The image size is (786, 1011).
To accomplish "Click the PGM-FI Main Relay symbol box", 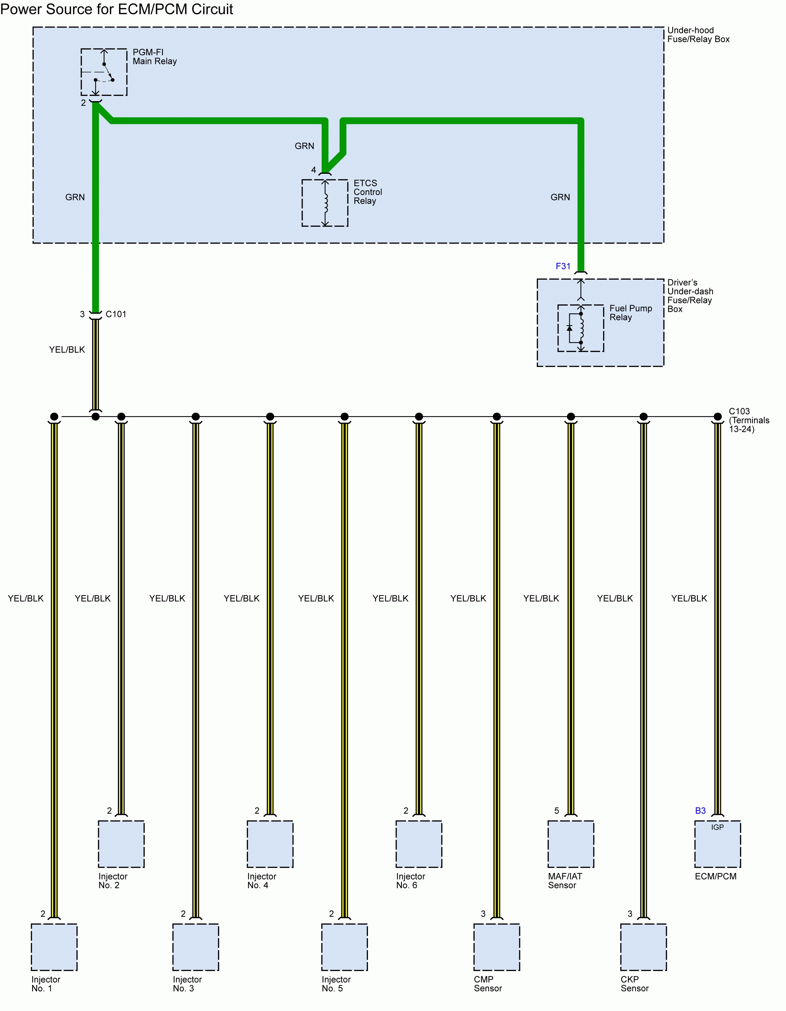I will pyautogui.click(x=104, y=72).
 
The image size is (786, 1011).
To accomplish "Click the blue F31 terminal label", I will pyautogui.click(x=563, y=266).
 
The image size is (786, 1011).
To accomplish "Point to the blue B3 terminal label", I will pyautogui.click(x=700, y=811).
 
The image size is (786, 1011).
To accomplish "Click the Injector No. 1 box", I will pyautogui.click(x=54, y=947).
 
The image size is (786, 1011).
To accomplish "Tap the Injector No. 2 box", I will pyautogui.click(x=121, y=844).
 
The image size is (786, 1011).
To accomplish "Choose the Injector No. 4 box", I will pyautogui.click(x=270, y=844).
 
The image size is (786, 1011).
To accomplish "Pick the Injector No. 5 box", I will pyautogui.click(x=345, y=947).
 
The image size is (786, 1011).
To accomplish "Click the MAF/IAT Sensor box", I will pyautogui.click(x=571, y=844).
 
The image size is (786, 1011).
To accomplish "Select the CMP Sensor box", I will pyautogui.click(x=497, y=947).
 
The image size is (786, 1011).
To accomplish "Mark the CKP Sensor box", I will pyautogui.click(x=643, y=947).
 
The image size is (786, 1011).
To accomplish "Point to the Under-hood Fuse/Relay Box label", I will pyautogui.click(x=698, y=35).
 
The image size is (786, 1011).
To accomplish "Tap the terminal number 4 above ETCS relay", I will pyautogui.click(x=314, y=170).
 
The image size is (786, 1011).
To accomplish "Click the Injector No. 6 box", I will pyautogui.click(x=419, y=844).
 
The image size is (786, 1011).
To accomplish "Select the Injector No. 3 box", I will pyautogui.click(x=196, y=947).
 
